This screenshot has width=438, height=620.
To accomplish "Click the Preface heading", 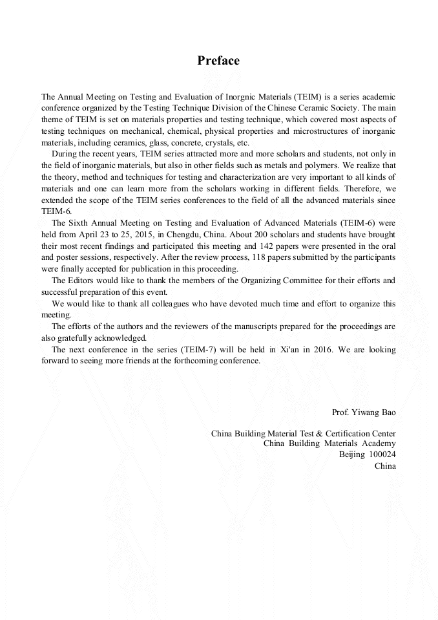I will tap(218, 61).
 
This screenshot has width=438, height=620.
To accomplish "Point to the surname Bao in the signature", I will tap(388, 412).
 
